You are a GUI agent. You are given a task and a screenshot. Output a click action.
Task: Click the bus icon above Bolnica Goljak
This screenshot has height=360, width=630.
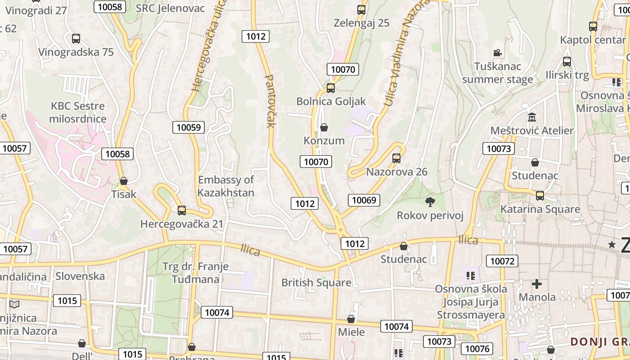pyautogui.click(x=331, y=88)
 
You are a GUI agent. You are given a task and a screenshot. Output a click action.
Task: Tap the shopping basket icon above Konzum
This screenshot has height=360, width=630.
pyautogui.click(x=324, y=127)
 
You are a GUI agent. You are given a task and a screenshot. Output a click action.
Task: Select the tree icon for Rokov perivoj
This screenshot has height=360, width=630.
pyautogui.click(x=430, y=202)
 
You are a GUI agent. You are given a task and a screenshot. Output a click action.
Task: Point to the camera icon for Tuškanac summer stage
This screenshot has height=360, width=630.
pyautogui.click(x=497, y=53)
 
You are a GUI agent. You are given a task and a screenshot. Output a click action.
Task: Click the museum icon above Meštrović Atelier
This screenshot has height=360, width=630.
pyautogui.click(x=532, y=117)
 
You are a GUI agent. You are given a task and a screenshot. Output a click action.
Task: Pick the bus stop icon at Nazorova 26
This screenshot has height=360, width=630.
pyautogui.click(x=396, y=158)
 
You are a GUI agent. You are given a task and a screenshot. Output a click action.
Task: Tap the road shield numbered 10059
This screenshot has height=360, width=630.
pyautogui.click(x=189, y=127)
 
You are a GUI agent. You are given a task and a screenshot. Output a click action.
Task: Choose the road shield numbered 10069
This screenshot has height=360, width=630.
pyautogui.click(x=364, y=200)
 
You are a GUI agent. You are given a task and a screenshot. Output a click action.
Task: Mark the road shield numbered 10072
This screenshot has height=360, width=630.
pyautogui.click(x=502, y=261)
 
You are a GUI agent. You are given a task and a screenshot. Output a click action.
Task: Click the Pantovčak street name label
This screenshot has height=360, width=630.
pyautogui.click(x=270, y=101)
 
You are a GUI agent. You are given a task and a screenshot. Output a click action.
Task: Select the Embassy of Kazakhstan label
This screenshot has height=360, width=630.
pyautogui.click(x=226, y=186)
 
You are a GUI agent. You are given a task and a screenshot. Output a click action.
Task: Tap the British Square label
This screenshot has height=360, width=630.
pyautogui.click(x=316, y=283)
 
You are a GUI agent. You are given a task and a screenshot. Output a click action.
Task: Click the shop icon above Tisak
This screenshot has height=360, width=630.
pyautogui.click(x=124, y=181)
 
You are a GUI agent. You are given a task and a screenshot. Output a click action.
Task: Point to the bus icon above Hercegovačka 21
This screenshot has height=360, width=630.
pyautogui.click(x=182, y=210)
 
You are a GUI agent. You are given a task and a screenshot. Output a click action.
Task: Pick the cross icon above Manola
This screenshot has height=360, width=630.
pyautogui.click(x=536, y=284)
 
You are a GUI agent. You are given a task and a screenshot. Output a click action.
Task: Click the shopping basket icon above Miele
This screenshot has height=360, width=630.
pyautogui.click(x=351, y=319)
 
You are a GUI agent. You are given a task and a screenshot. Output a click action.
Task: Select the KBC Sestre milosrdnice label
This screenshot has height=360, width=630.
pyautogui.click(x=78, y=112)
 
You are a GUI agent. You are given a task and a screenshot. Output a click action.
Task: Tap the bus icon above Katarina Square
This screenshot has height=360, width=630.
pyautogui.click(x=540, y=196)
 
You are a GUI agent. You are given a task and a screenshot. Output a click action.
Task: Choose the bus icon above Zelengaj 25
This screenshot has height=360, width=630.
pyautogui.click(x=361, y=9)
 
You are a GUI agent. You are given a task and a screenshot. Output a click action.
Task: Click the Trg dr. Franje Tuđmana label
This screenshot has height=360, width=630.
pyautogui.click(x=195, y=273)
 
